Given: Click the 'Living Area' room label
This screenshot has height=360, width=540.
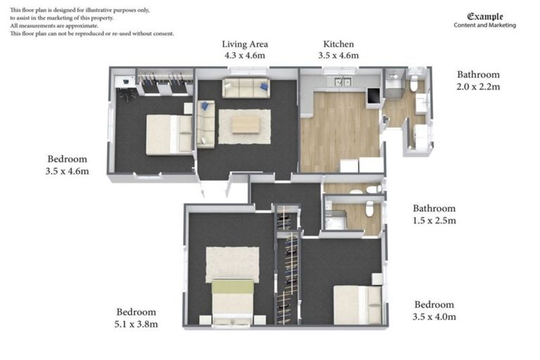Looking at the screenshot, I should pos(244,44).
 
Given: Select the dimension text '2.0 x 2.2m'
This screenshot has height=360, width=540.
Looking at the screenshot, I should pos(478,86).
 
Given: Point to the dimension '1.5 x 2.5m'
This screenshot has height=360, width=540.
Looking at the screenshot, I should pos(434,220).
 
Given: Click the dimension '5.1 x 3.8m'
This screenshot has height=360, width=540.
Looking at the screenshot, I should pos(136,324).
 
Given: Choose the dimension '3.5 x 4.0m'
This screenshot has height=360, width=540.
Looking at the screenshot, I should pos(435,316).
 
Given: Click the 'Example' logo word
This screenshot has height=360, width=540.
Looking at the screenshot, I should pos(485,16).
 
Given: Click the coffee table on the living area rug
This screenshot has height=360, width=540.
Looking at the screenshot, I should pos(245,124).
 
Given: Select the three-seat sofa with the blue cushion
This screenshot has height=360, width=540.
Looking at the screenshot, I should pos(245,88).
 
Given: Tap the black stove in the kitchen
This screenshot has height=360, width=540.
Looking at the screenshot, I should pos(372,96).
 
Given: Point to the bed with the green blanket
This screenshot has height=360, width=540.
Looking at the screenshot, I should pos(233,300).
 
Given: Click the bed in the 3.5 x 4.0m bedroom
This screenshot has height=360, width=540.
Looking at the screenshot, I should pos(357,305).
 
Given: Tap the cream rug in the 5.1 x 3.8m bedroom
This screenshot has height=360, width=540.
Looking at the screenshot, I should pos(232,264).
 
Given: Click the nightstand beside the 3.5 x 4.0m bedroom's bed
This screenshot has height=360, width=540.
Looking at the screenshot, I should pos(377,279).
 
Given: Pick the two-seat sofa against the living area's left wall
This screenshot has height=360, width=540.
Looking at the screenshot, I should pos(206,124).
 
